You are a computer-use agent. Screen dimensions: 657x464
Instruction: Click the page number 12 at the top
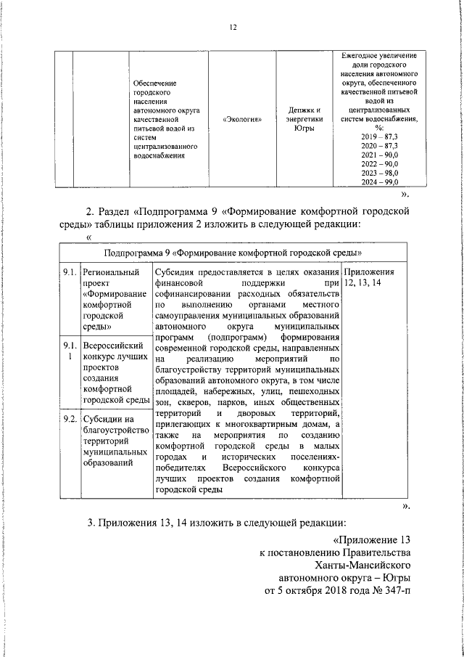pos(233,28)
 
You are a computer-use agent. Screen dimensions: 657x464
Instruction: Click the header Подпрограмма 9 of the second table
pos(232,253)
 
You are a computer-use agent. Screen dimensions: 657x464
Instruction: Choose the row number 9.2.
pos(70,419)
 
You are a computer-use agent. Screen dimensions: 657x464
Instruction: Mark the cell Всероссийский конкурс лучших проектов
pos(114,373)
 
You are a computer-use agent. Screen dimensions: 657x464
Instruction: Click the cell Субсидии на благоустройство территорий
pos(112,441)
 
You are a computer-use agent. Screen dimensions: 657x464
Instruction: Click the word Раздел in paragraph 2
pos(115,211)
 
